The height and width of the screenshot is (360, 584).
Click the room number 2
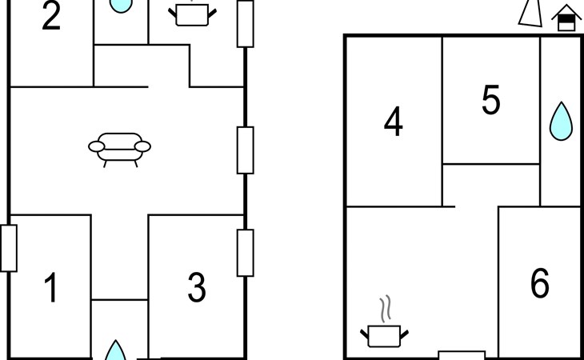(51, 16)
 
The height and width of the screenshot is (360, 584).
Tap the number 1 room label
(51, 287)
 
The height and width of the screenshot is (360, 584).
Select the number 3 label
(197, 287)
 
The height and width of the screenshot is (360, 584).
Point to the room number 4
(394, 122)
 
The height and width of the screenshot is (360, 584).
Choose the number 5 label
(491, 99)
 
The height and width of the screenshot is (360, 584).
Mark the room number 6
(540, 283)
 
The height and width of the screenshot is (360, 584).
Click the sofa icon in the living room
(119, 150)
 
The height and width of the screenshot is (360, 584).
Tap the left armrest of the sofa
(97, 146)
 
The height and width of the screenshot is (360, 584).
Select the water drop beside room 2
(121, 6)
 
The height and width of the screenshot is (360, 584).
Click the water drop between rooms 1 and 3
(115, 350)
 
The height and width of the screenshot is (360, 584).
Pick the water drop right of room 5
(561, 122)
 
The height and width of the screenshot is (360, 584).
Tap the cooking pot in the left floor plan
(192, 14)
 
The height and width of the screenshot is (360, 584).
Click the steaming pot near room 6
(384, 336)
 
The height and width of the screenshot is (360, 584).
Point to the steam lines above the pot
(386, 309)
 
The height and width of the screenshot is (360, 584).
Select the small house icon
(566, 18)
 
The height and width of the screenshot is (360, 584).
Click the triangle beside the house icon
(530, 14)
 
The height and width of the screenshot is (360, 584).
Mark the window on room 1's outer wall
(9, 248)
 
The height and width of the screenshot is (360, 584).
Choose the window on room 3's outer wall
(246, 253)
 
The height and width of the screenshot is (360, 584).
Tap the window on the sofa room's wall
(246, 150)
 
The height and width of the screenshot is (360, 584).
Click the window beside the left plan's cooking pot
(246, 24)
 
